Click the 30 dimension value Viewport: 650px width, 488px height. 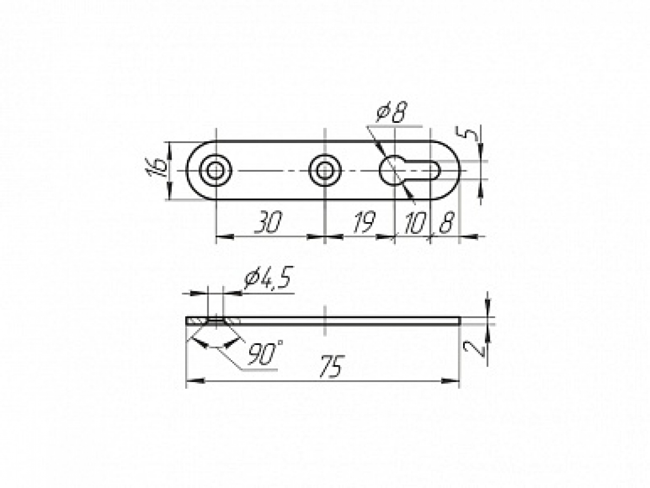[x=268, y=222]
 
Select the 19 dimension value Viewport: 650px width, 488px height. [x=364, y=222]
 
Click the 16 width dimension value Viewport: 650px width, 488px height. [x=157, y=168]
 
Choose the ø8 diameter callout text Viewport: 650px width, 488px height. [x=392, y=112]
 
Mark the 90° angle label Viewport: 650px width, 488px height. [x=265, y=353]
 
